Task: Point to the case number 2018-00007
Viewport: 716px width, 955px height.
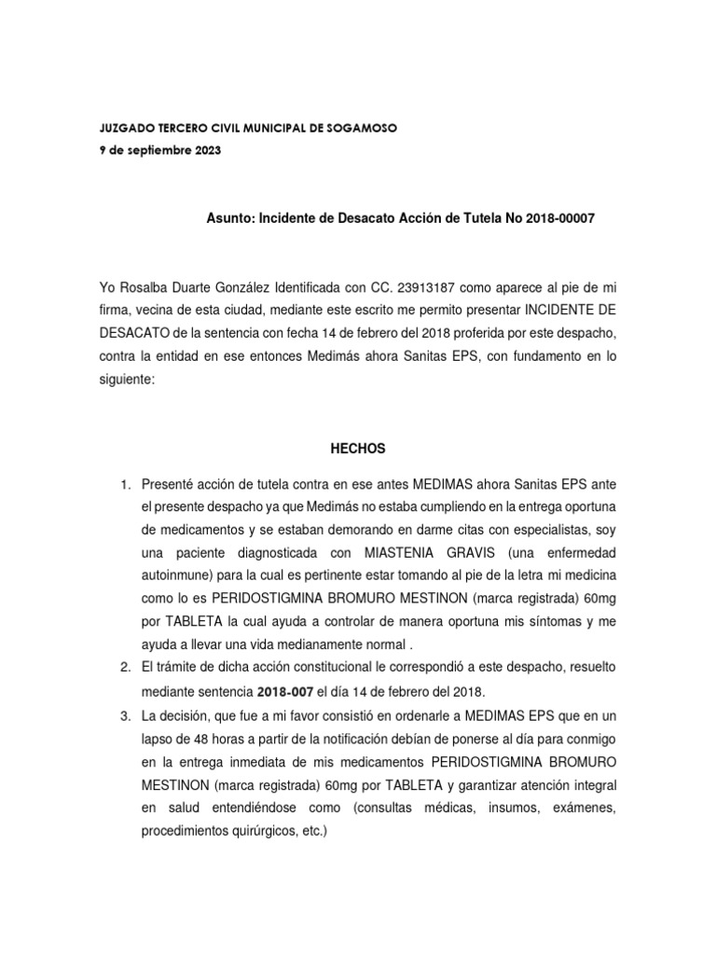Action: coord(559,217)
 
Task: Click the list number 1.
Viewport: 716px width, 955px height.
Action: coord(125,485)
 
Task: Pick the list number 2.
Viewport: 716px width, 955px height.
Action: coord(125,667)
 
